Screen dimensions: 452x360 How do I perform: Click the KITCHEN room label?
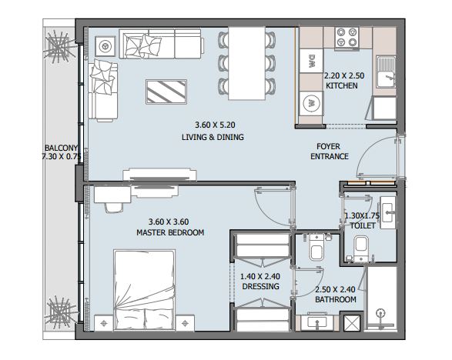(342, 85)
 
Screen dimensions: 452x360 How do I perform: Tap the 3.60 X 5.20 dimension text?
(215, 125)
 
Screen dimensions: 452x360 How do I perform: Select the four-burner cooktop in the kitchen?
(347, 37)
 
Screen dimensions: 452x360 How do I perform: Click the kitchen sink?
(386, 72)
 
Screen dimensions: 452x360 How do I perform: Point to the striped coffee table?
(166, 92)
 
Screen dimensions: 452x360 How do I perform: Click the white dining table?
(246, 63)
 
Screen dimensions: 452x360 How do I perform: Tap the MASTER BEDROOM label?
(170, 232)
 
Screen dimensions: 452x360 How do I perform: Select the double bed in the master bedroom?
(145, 290)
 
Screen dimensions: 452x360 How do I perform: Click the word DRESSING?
(260, 286)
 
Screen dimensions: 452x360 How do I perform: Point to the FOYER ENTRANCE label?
(330, 152)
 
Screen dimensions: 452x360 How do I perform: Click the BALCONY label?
(61, 148)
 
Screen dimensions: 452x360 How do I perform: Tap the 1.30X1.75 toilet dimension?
(362, 215)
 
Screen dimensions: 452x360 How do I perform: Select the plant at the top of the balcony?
(60, 47)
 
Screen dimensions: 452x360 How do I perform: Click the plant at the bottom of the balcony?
(61, 313)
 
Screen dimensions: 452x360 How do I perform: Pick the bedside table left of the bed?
(104, 323)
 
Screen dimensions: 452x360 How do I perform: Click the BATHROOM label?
(336, 299)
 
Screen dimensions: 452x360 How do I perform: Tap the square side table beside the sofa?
(105, 46)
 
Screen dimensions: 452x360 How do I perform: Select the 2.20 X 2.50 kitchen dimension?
(344, 75)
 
